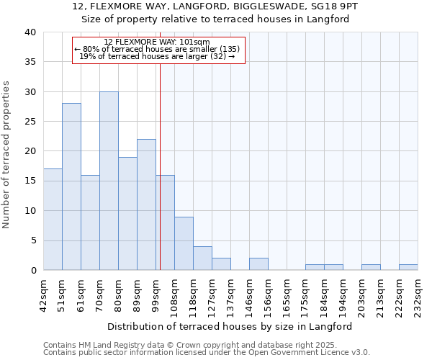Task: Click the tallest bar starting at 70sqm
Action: tap(109, 181)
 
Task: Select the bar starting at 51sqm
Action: tap(71, 186)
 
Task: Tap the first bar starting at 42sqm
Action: tap(53, 220)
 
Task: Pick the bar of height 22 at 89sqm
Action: tap(146, 204)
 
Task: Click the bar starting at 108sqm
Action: tap(184, 243)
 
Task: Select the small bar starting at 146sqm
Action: tap(258, 264)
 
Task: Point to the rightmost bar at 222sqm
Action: tap(408, 267)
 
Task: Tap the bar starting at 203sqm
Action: tap(371, 267)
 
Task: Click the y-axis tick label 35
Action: tap(30, 62)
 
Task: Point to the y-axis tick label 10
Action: tap(30, 211)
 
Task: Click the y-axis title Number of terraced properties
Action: tap(6, 155)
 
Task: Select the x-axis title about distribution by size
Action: tap(230, 326)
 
